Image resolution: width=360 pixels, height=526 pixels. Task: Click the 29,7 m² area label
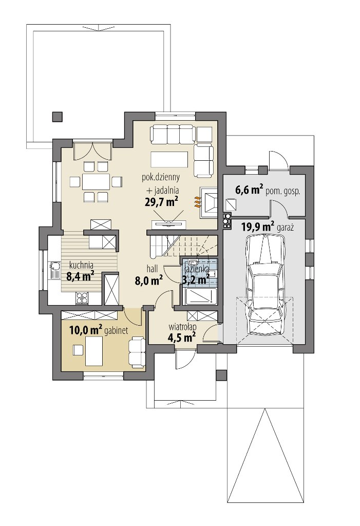tap(161, 202)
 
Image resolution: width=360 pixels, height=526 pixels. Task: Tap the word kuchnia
tap(81, 265)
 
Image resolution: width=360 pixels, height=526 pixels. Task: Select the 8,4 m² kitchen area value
tap(80, 276)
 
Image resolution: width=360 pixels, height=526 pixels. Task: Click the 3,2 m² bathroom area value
tap(196, 278)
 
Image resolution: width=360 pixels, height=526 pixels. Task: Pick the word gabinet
tap(116, 331)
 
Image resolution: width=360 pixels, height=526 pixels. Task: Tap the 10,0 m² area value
tap(86, 330)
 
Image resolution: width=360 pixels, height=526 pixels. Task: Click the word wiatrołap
tap(182, 326)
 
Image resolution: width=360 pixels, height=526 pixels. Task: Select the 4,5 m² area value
tap(181, 337)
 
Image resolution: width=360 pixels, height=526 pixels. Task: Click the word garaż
tap(286, 228)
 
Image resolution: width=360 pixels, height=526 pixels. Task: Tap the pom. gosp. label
tap(283, 192)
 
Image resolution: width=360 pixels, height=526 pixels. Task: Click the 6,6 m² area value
tap(249, 190)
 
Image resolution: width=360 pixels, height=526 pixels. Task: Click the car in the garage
tap(264, 284)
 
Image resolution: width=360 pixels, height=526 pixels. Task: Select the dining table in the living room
tap(97, 182)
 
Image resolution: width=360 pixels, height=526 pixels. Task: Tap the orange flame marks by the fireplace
tap(197, 202)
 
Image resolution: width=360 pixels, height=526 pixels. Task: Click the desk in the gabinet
tap(94, 351)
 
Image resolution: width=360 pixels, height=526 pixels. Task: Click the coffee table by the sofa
tap(169, 159)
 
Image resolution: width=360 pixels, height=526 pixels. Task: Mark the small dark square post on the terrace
tap(58, 116)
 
